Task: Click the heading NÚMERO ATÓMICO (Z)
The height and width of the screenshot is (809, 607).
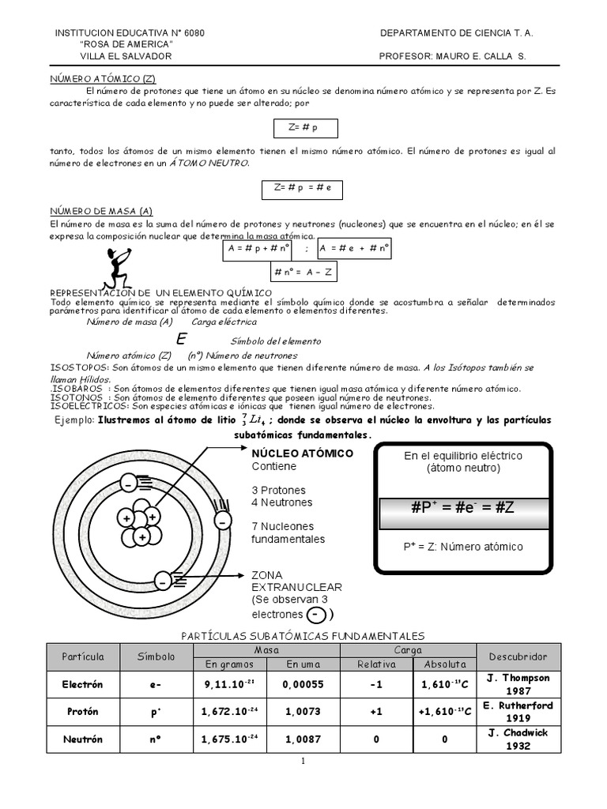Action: tap(101, 80)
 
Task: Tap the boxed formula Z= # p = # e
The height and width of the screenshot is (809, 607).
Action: tap(303, 188)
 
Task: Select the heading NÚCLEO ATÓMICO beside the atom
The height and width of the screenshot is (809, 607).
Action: tap(303, 454)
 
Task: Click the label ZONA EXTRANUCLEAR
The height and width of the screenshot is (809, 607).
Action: tap(296, 581)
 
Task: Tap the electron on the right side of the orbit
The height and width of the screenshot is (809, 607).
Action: tap(223, 522)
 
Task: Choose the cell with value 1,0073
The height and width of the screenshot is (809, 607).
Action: tap(303, 712)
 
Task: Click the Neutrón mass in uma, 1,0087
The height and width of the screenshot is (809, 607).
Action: tap(303, 739)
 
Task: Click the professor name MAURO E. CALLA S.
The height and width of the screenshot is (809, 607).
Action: tap(481, 57)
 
